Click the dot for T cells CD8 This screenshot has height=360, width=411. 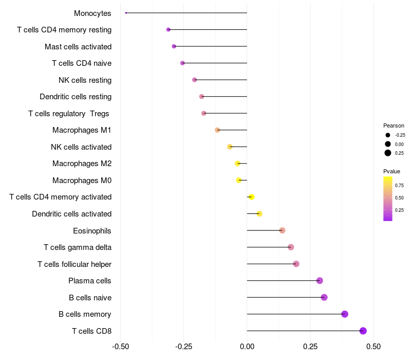coord(363,331)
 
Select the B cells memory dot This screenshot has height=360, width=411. coord(345,314)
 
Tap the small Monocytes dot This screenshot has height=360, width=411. coord(126,13)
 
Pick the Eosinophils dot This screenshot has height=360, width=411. coord(282,230)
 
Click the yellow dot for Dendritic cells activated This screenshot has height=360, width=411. coord(259,213)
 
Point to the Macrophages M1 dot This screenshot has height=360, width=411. coord(217,130)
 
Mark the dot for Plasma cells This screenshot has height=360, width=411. coord(320,281)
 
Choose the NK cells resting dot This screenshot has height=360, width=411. coord(194,80)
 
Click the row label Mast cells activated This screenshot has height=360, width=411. coord(78,47)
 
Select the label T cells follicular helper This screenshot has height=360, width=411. coord(74,264)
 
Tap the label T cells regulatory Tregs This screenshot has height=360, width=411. coord(69,114)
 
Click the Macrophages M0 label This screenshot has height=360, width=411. coord(82,181)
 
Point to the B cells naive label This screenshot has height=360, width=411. coord(90,298)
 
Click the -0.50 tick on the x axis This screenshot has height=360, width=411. coord(120,347)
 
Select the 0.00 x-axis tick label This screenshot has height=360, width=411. coord(247,347)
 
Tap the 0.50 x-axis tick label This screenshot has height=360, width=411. coord(373,347)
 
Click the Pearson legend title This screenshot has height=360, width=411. coord(394,125)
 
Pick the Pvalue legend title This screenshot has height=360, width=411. coord(391,171)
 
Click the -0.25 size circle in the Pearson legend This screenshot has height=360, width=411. coord(388,135)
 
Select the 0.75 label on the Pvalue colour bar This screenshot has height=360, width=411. coord(399,185)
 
